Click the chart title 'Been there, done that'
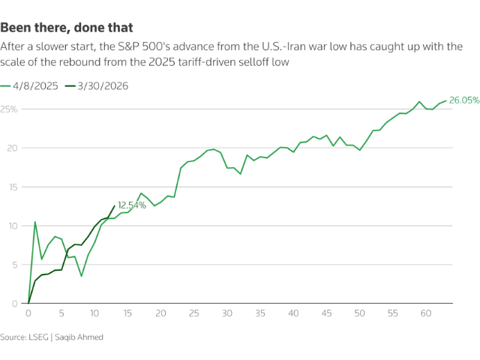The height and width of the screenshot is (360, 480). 67,28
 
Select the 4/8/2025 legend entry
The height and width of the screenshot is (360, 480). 34,85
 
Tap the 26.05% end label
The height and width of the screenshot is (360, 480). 464,100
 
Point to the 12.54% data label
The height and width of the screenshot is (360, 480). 132,205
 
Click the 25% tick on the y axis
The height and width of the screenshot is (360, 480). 9,109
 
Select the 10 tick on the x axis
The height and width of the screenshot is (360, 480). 94,313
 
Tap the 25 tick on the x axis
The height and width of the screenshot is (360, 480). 194,313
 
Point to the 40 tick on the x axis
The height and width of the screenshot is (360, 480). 293,313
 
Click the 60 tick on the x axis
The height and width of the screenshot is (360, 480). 426,313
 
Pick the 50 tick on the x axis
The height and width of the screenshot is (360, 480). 360,313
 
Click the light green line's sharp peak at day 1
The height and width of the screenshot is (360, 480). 34,222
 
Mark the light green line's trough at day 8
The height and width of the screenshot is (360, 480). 81,276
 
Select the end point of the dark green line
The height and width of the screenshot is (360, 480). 114,206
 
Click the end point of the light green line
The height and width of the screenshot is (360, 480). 446,100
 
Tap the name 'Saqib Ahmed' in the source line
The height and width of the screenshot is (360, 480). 79,337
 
